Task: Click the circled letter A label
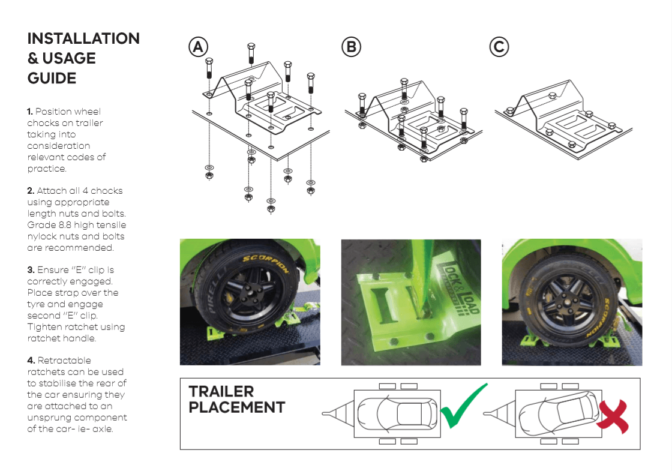198,47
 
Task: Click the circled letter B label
352,47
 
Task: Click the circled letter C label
499,47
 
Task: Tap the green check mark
463,407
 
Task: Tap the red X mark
614,414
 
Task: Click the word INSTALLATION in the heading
83,38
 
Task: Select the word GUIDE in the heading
52,78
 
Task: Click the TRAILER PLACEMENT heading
236,400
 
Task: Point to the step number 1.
30,112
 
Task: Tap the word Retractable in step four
64,361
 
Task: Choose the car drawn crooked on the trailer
557,413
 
